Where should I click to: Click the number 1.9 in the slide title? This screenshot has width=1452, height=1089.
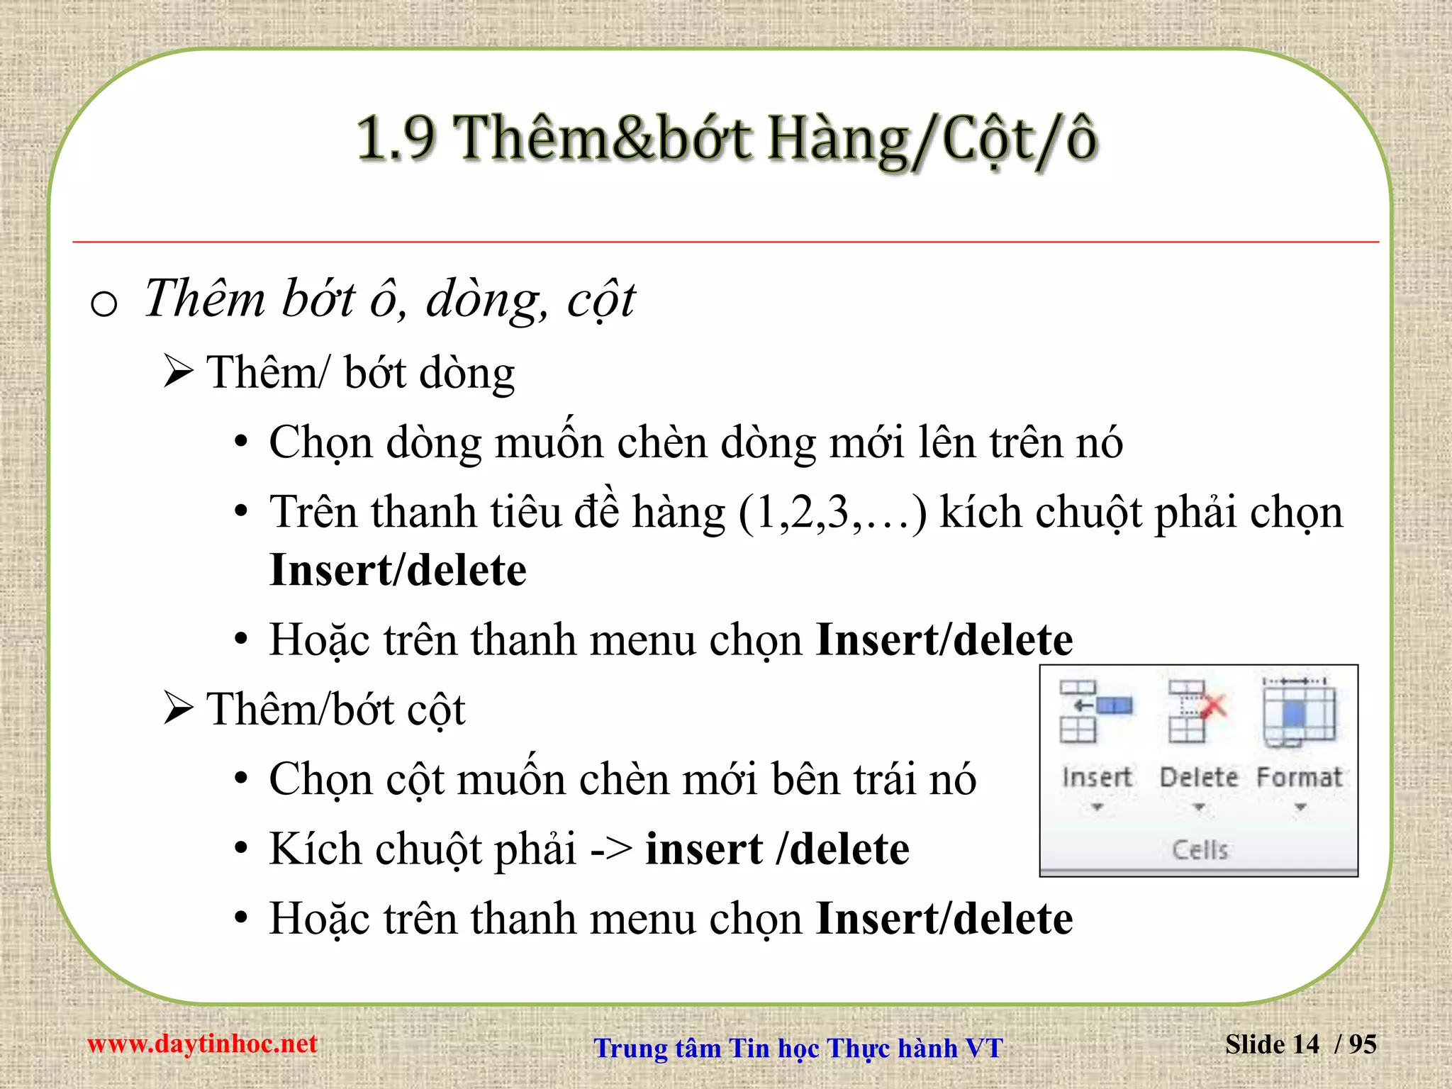point(395,138)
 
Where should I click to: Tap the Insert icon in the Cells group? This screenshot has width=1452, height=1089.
point(1095,712)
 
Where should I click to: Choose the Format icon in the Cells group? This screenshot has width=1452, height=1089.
point(1299,712)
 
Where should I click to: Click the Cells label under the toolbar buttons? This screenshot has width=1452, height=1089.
point(1200,849)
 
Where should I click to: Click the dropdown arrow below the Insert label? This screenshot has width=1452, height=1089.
point(1097,808)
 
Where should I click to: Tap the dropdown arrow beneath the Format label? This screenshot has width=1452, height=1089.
point(1300,808)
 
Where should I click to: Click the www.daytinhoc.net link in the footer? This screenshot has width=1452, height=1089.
point(202,1044)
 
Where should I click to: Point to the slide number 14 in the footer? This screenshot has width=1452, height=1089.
point(1305,1044)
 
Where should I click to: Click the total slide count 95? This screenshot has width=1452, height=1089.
point(1362,1044)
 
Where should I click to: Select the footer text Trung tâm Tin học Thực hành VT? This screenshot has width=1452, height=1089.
point(798,1048)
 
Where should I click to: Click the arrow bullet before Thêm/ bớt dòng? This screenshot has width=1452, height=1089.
point(178,372)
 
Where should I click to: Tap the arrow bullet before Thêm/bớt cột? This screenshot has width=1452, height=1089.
point(178,708)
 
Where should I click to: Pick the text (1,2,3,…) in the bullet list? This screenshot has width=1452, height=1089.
point(832,513)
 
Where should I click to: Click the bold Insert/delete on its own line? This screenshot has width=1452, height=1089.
point(398,570)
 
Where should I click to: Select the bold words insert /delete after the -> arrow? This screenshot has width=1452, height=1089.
point(777,849)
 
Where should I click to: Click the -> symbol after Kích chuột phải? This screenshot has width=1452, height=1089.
point(611,849)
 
